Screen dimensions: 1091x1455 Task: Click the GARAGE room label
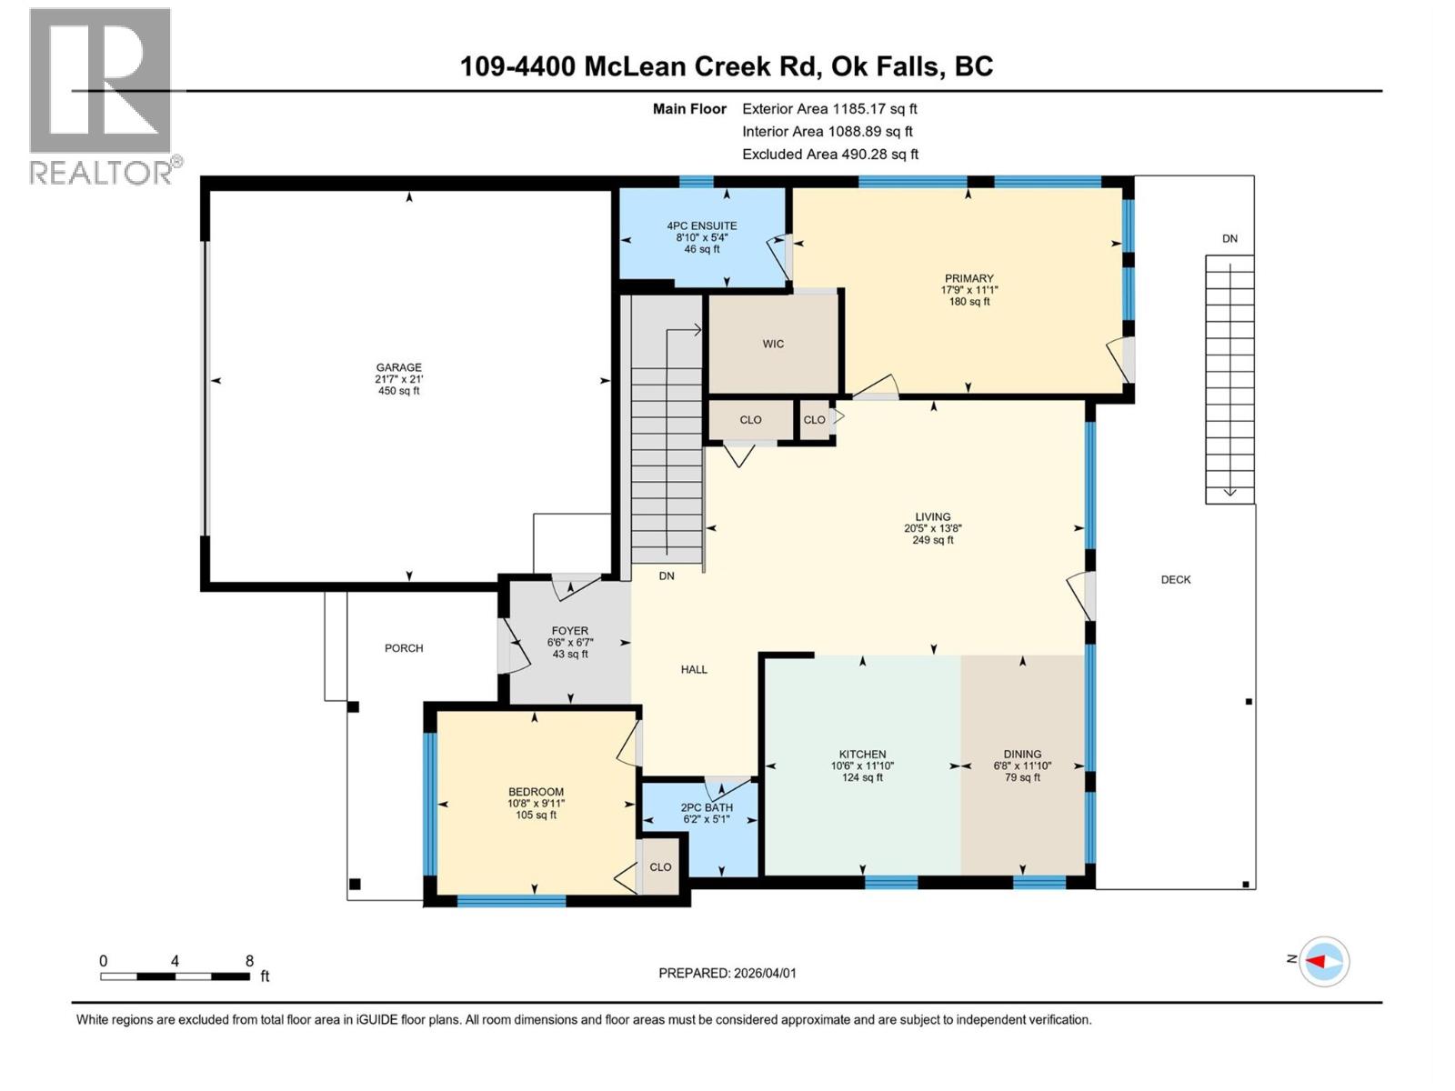point(398,367)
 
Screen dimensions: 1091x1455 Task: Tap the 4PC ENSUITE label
point(701,225)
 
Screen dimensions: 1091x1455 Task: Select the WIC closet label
point(773,344)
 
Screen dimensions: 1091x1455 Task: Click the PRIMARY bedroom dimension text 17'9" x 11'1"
point(968,290)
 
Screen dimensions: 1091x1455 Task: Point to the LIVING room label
point(932,516)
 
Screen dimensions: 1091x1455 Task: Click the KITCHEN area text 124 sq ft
point(861,777)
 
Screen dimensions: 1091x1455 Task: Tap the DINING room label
point(1022,754)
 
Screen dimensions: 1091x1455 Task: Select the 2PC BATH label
point(707,807)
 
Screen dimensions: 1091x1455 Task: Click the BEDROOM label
point(536,792)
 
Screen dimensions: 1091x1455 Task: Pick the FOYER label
point(569,630)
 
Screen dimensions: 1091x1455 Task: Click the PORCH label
point(404,648)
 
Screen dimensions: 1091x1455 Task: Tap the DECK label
point(1175,579)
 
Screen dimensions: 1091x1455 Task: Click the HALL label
point(694,669)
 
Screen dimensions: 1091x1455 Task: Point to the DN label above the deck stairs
point(1229,238)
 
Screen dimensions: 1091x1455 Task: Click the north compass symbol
point(1323,961)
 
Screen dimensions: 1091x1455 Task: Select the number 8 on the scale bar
point(249,961)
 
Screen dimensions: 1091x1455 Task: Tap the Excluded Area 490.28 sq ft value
point(879,155)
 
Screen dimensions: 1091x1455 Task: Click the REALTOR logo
point(101,95)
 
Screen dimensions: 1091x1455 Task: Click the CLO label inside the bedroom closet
point(660,866)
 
